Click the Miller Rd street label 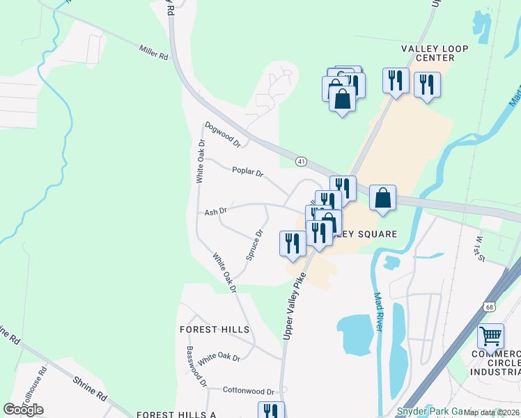click(154, 52)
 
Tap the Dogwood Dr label click(222, 134)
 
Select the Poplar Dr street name click(247, 172)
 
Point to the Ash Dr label click(215, 211)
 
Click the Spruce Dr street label click(254, 245)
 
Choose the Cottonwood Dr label click(249, 391)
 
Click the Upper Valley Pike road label click(295, 307)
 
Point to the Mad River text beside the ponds click(378, 311)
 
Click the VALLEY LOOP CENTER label click(435, 53)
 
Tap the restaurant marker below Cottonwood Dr click(271, 410)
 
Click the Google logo click(23, 410)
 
